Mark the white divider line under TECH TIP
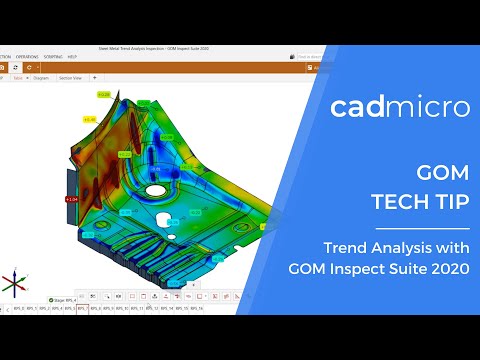428,225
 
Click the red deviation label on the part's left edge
72,199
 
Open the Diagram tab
42,76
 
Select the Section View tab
71,76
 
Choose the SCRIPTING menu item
53,56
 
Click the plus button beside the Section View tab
94,76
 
